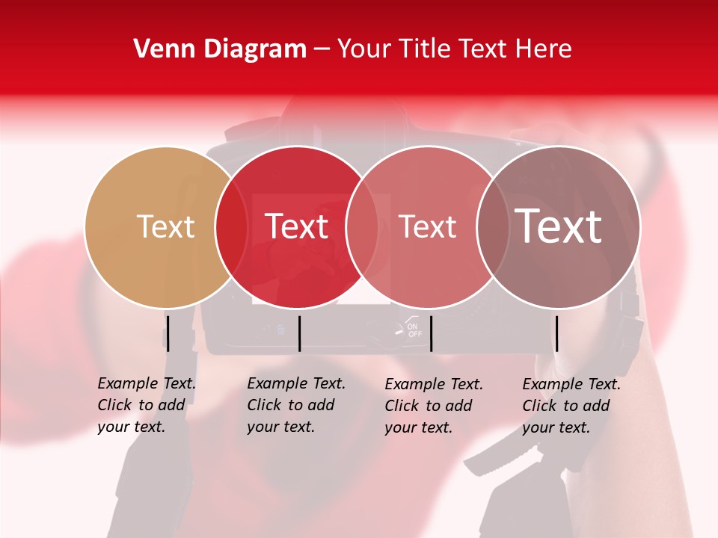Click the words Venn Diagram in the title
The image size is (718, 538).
(x=220, y=49)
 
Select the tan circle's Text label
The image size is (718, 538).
(x=165, y=226)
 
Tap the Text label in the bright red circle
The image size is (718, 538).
(x=296, y=226)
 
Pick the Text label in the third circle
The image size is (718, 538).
(x=427, y=226)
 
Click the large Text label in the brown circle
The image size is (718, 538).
(x=558, y=226)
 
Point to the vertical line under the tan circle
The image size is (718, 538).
(x=168, y=333)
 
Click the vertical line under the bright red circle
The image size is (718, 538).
(x=299, y=333)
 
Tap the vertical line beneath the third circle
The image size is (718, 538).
(x=431, y=333)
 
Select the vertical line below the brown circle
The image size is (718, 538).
(x=556, y=333)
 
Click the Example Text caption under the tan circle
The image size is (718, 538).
(x=147, y=405)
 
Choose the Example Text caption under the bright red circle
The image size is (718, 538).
(x=296, y=405)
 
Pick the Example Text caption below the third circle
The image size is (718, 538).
(x=434, y=405)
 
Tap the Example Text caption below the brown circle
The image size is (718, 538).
(x=571, y=405)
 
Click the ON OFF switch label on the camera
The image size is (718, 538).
(x=414, y=330)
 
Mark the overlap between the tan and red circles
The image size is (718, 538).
(x=231, y=226)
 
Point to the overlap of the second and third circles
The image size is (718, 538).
(x=362, y=226)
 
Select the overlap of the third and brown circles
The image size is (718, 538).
(x=492, y=226)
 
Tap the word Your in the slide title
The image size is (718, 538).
(x=363, y=49)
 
